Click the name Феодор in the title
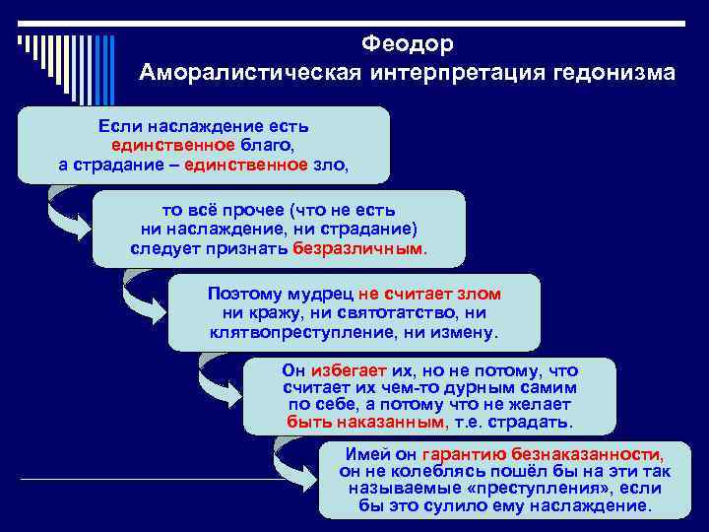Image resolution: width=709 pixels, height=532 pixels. (x=407, y=44)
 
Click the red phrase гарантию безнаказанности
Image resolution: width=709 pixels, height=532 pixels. (x=542, y=454)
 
